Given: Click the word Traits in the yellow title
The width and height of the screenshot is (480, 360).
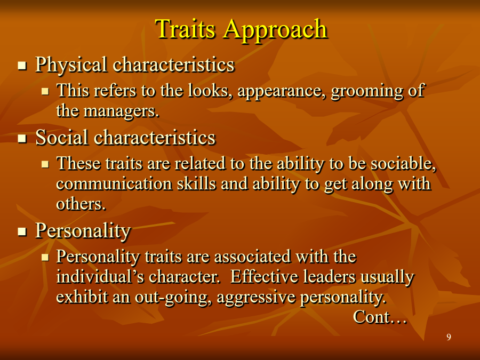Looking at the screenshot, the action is click(x=185, y=29).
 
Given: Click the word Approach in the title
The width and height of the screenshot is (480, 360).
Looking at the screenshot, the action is click(x=276, y=30).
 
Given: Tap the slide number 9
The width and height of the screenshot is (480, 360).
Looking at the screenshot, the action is click(x=449, y=337).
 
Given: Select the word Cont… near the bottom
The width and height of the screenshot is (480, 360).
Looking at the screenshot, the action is click(x=380, y=317).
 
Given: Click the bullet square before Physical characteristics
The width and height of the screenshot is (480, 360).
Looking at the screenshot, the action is click(x=22, y=66).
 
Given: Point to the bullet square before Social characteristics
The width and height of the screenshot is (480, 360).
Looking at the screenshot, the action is click(x=22, y=138).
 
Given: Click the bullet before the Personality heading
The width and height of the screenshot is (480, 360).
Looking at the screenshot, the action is click(x=22, y=232).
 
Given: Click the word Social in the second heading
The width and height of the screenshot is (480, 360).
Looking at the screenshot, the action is click(x=62, y=137).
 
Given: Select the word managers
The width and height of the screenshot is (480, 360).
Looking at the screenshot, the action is click(x=121, y=111).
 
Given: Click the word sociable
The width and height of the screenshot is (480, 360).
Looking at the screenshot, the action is click(x=404, y=163).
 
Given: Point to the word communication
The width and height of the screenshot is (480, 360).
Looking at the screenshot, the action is click(x=114, y=184).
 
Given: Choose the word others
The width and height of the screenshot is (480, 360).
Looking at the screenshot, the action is click(x=81, y=204).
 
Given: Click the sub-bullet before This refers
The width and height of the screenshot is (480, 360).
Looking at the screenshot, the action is click(x=45, y=91).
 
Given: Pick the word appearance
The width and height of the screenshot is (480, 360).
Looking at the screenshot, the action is click(x=282, y=92).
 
